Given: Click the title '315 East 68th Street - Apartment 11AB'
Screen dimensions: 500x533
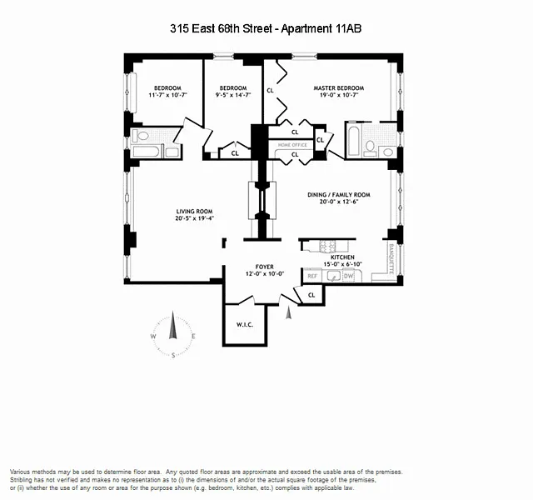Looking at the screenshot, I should [x=266, y=29].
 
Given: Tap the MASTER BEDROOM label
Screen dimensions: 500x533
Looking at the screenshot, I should [x=338, y=88].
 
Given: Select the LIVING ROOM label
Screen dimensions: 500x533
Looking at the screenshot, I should [x=194, y=211].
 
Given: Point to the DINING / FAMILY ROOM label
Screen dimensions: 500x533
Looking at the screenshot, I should [x=338, y=195].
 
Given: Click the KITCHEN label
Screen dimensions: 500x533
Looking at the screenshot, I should [x=342, y=257].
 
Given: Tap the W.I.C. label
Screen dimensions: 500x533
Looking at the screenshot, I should [x=244, y=324].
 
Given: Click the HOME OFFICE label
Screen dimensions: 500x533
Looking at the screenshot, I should [x=292, y=145].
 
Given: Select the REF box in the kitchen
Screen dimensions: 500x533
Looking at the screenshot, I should [x=313, y=275].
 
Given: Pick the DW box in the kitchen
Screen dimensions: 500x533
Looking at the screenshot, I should [x=348, y=275].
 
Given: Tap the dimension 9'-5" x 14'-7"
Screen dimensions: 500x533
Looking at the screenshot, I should [x=233, y=96].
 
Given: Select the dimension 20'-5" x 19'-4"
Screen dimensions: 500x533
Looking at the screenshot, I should [x=194, y=218].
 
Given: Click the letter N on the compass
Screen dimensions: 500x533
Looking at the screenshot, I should [x=173, y=316].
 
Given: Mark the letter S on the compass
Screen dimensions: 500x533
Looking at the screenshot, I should [x=173, y=356].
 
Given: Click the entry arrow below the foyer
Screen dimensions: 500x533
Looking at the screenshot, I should [x=289, y=312].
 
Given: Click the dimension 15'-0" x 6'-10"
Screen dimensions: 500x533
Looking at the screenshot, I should [x=342, y=265].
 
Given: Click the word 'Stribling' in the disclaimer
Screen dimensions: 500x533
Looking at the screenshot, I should [x=25, y=480].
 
